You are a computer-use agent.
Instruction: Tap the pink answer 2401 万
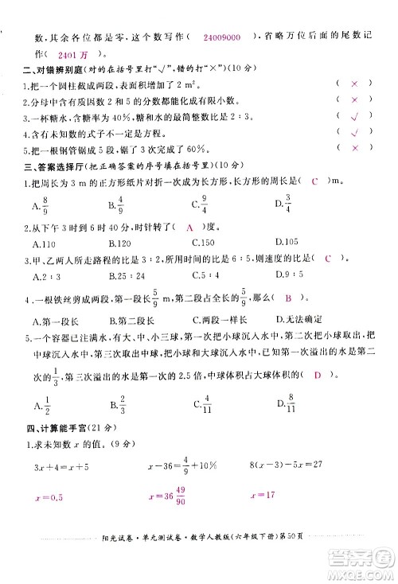tap(76, 55)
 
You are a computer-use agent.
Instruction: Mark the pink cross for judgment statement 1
tap(355, 84)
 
